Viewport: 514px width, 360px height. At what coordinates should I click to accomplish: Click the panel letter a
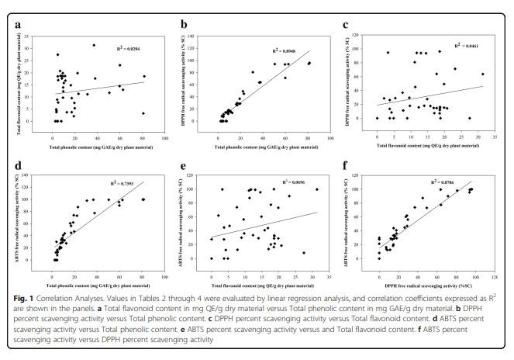(x=18, y=26)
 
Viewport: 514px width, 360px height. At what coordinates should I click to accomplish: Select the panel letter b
(x=183, y=26)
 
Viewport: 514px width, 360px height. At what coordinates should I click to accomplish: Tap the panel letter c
(x=347, y=26)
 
